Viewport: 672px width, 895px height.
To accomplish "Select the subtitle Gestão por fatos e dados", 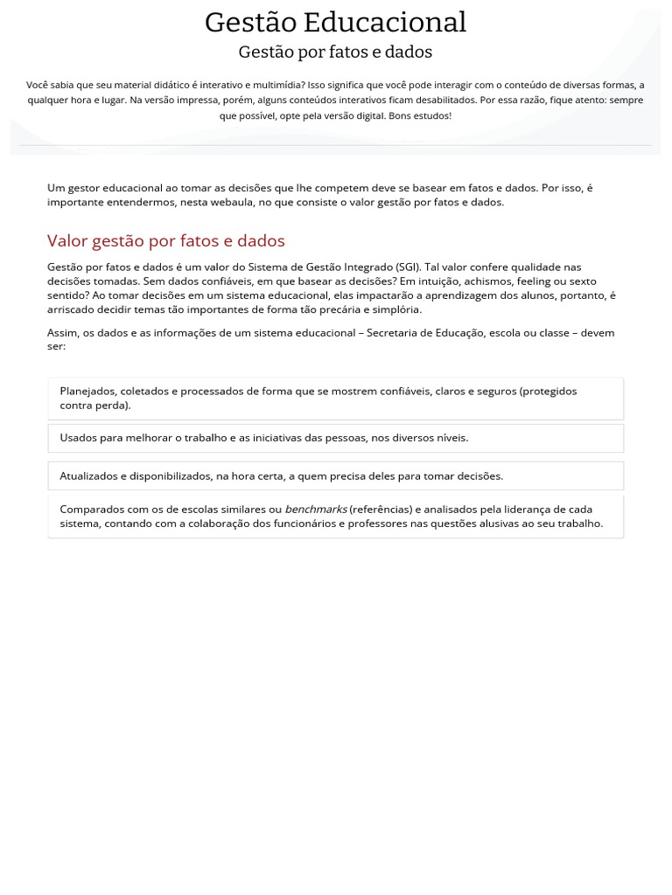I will pos(335,52).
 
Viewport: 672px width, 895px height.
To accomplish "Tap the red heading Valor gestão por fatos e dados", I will pos(166,240).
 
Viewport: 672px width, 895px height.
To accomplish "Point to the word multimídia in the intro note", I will pos(272,85).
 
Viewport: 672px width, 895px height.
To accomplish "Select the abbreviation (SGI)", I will pos(407,267).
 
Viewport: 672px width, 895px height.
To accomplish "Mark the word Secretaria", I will pos(393,332).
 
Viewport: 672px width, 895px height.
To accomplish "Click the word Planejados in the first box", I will pos(87,391).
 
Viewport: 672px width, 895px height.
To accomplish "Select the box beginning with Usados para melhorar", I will pos(335,438).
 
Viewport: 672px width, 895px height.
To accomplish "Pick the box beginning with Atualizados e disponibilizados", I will pos(335,476).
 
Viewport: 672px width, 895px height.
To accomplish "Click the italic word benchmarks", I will pos(315,509).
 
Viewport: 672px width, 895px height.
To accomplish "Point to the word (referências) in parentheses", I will pos(381,509).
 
